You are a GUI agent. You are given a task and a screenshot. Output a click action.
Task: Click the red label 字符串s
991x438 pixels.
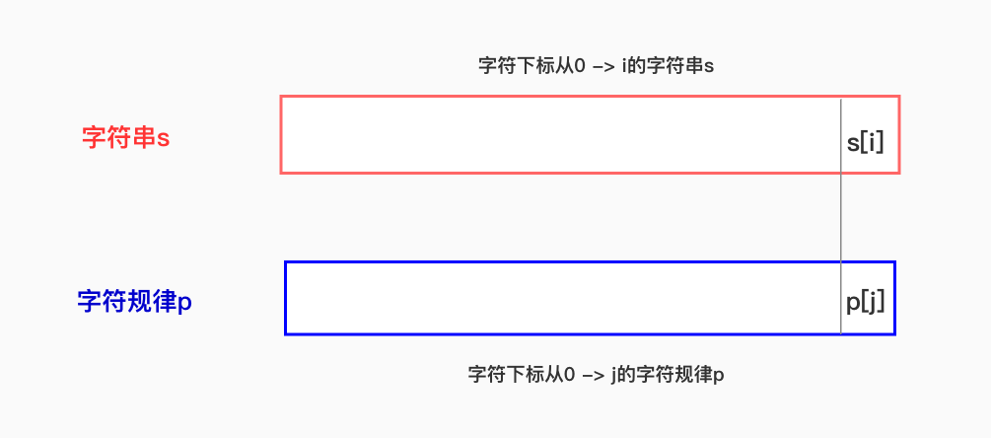pyautogui.click(x=125, y=137)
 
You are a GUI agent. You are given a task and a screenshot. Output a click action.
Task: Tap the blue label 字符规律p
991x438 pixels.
pyautogui.click(x=134, y=301)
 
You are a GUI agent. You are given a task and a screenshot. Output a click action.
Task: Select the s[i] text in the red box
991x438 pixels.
pyautogui.click(x=866, y=142)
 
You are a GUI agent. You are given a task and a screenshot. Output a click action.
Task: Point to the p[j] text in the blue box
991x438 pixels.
pyautogui.click(x=865, y=302)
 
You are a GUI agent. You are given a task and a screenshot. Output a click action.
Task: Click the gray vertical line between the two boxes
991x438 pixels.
pyautogui.click(x=841, y=217)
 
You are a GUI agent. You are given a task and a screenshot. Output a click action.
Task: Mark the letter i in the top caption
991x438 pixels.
pyautogui.click(x=625, y=66)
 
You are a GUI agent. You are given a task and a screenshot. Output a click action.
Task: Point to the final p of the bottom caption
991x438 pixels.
pyautogui.click(x=719, y=377)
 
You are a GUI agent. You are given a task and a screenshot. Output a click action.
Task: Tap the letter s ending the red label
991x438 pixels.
pyautogui.click(x=164, y=138)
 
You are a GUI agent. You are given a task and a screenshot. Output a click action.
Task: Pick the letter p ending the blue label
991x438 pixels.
pyautogui.click(x=184, y=303)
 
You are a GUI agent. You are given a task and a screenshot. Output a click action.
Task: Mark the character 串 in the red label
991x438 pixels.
pyautogui.click(x=144, y=137)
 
